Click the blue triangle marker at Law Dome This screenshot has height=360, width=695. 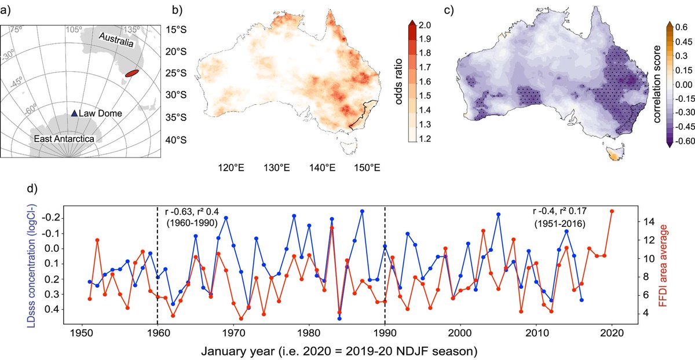[74, 114]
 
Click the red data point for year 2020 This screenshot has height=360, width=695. [612, 211]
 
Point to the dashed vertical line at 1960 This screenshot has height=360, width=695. [158, 266]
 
